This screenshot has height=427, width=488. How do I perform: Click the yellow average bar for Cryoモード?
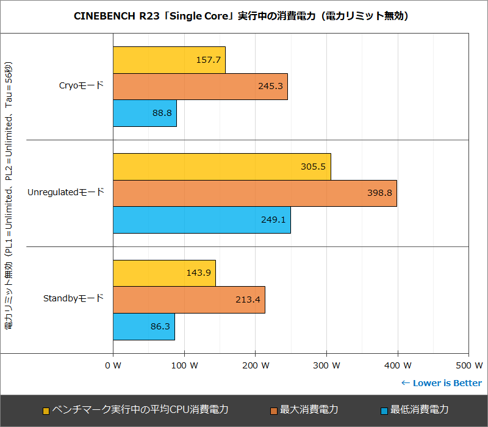point(169,60)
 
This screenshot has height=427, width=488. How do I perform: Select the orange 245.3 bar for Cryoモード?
point(200,87)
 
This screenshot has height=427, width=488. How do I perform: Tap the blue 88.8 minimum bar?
point(145,113)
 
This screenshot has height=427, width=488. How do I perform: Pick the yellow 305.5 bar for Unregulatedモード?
point(221,167)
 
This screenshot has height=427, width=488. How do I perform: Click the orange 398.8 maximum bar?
point(254,193)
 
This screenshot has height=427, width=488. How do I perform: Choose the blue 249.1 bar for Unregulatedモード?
point(201,220)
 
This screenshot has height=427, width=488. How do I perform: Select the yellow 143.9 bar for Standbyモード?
point(164,273)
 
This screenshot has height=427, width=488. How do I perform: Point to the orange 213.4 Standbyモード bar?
point(188,300)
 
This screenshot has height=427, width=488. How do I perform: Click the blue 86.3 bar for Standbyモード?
point(143,327)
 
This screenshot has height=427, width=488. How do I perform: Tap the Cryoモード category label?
point(81,85)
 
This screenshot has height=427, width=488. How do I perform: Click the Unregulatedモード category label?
point(66,192)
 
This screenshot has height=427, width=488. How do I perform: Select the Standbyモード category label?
point(73,299)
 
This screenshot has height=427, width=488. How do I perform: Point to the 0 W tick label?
point(113,365)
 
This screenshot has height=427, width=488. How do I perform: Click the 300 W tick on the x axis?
point(327,365)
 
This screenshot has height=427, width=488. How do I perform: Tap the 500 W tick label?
point(468,365)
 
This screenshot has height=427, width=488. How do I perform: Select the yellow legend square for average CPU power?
point(46,411)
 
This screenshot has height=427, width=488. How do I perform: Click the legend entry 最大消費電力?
point(309,410)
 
